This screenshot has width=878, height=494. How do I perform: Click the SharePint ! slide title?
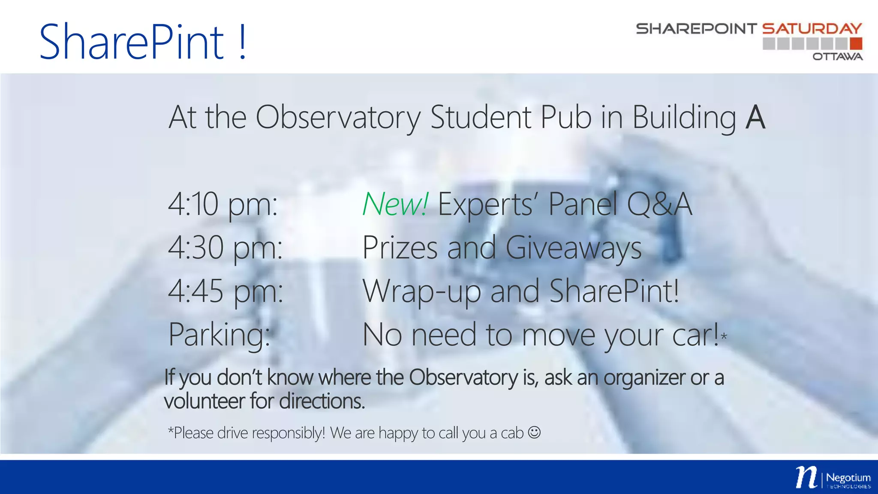(143, 42)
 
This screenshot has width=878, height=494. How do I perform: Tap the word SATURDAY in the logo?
(812, 29)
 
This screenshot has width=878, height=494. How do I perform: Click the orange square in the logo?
(856, 43)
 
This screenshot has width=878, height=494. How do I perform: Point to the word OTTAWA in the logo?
(837, 57)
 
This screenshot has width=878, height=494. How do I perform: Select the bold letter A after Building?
(755, 117)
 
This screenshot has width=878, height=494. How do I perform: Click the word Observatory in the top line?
(338, 117)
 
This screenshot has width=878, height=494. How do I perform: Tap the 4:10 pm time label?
(223, 205)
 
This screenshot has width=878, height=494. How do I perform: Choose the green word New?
(395, 205)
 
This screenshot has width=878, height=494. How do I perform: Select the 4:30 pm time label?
(225, 248)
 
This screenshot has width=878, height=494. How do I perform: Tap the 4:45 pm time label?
(225, 291)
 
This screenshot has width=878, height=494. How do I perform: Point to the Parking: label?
(219, 335)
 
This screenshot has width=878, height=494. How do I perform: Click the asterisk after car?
(724, 337)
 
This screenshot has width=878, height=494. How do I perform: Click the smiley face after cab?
(534, 432)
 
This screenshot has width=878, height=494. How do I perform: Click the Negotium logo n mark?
(806, 477)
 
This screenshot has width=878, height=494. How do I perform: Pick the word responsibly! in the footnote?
(289, 433)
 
